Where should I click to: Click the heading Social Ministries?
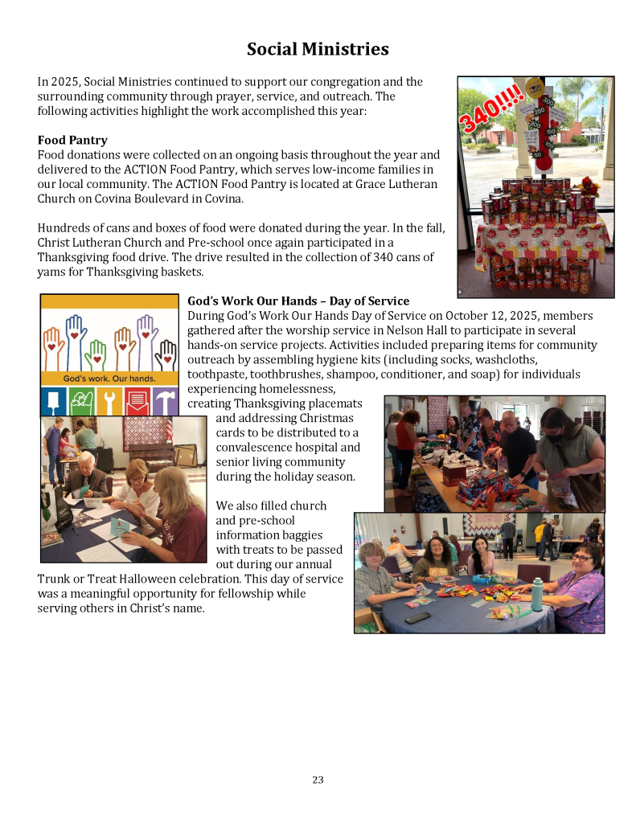click(x=318, y=49)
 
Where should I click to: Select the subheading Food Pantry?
click(x=72, y=140)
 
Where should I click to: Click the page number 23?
click(x=318, y=780)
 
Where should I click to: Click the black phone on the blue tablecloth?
click(x=417, y=617)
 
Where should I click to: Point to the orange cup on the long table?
click(x=491, y=498)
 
